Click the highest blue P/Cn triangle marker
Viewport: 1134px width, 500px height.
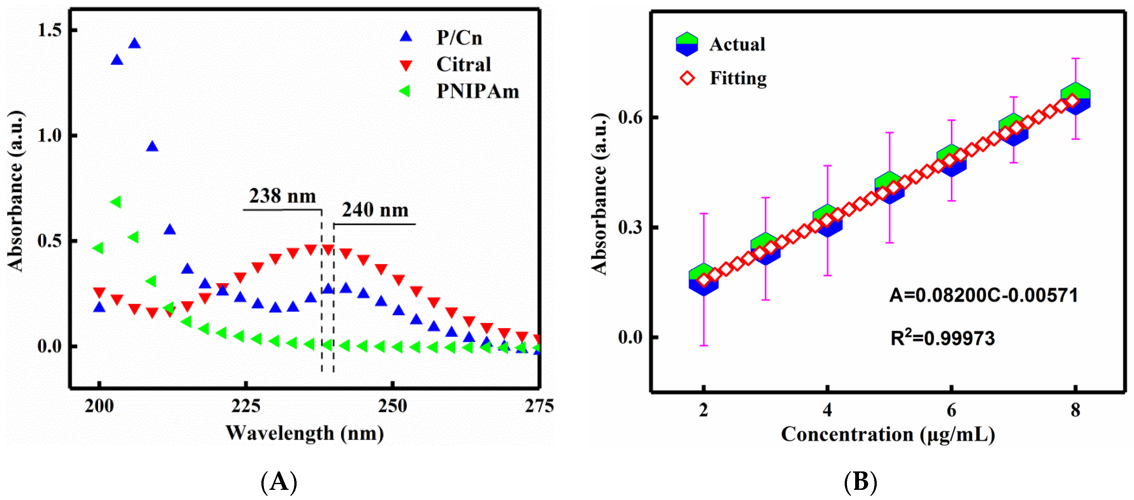pyautogui.click(x=134, y=43)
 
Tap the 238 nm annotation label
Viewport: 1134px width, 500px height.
pyautogui.click(x=282, y=196)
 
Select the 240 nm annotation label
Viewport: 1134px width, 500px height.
pyautogui.click(x=375, y=210)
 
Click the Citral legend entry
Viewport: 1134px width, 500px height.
pyautogui.click(x=463, y=65)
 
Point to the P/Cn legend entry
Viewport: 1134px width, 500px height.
pyautogui.click(x=459, y=38)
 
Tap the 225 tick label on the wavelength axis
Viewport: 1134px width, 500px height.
pyautogui.click(x=246, y=406)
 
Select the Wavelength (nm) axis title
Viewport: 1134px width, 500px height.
pyautogui.click(x=304, y=433)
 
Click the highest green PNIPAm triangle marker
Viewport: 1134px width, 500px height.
pyautogui.click(x=116, y=202)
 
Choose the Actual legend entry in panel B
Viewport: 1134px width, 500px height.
pyautogui.click(x=737, y=44)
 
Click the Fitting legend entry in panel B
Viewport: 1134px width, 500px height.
pyautogui.click(x=738, y=78)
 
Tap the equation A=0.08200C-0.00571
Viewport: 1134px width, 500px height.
pyautogui.click(x=983, y=295)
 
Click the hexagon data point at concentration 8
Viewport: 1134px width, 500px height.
pyautogui.click(x=1075, y=98)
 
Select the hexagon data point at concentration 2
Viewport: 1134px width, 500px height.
pyautogui.click(x=704, y=280)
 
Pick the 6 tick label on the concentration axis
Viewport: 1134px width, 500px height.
pyautogui.click(x=951, y=410)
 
